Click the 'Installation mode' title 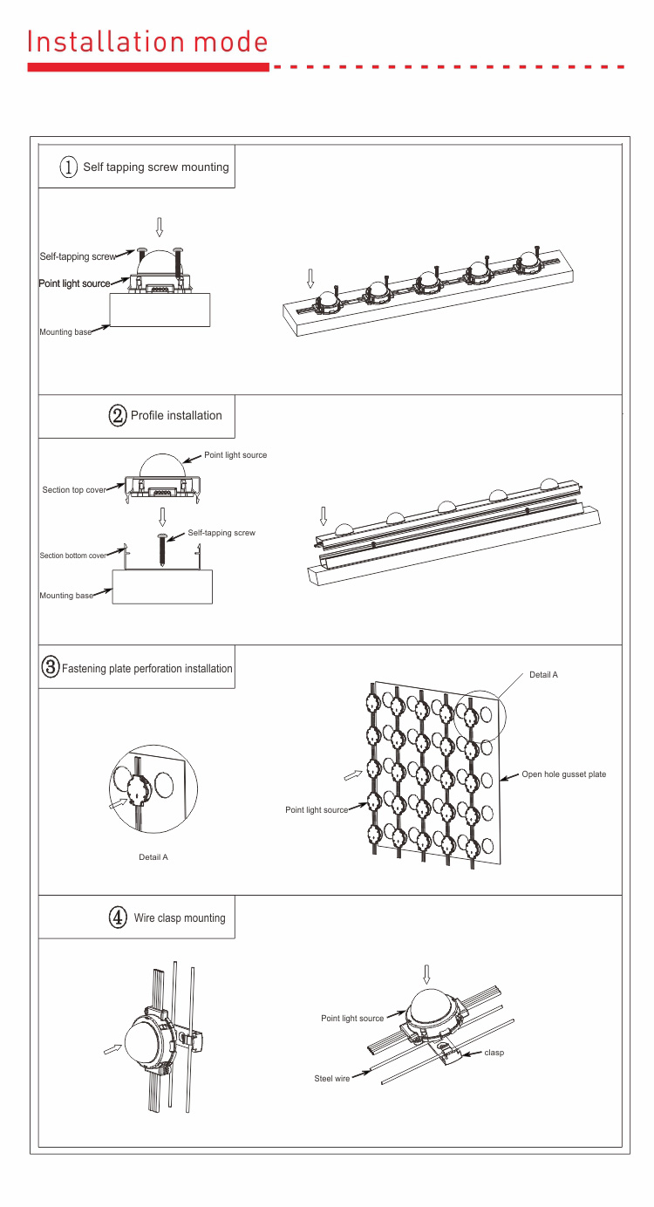click(147, 41)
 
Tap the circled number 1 click(69, 167)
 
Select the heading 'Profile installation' click(176, 415)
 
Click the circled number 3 click(51, 668)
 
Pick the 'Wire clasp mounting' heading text click(180, 917)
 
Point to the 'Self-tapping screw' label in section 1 click(78, 256)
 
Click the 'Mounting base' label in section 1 click(65, 332)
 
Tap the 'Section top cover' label click(74, 490)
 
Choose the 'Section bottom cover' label click(73, 556)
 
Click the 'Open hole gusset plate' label click(563, 774)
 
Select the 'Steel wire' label click(332, 1079)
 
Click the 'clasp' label click(494, 1053)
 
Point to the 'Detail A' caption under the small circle click(153, 857)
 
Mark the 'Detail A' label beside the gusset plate click(543, 675)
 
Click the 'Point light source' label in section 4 click(352, 1019)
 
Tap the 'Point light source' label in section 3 click(317, 810)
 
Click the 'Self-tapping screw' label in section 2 click(221, 533)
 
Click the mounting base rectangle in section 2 click(162, 587)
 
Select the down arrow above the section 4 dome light click(426, 973)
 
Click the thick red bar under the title click(148, 67)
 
